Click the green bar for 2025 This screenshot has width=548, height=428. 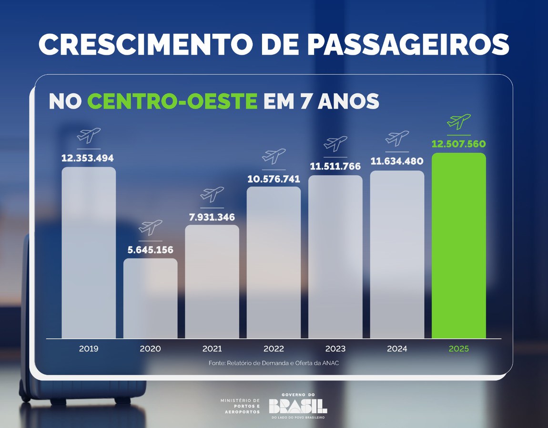click(x=458, y=245)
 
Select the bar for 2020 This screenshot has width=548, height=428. click(x=150, y=298)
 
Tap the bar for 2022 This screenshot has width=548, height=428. click(x=274, y=262)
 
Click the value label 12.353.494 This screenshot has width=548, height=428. click(x=88, y=158)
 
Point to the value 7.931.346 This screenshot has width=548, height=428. click(x=212, y=217)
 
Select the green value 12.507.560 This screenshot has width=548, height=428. click(x=458, y=144)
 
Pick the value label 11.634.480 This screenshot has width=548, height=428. click(x=397, y=162)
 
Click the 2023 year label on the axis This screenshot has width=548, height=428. click(x=335, y=348)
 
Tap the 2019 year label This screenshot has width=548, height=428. click(x=89, y=348)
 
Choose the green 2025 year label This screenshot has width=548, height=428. click(x=458, y=348)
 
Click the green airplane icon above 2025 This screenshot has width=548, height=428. click(x=458, y=122)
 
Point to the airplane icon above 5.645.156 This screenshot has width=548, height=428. click(x=150, y=228)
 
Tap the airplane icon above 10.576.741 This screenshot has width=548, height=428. click(x=274, y=156)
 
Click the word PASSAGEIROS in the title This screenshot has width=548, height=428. click(x=408, y=44)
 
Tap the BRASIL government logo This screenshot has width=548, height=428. click(x=298, y=406)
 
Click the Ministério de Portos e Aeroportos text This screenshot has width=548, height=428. click(x=240, y=406)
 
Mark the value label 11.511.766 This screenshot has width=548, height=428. click(x=335, y=167)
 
